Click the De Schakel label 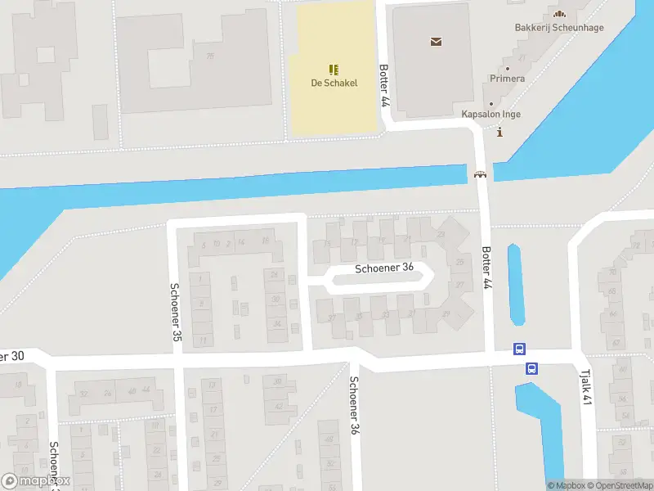click(334, 83)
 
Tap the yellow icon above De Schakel click(334, 69)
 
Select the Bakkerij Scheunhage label click(559, 27)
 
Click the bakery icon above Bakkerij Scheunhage click(559, 14)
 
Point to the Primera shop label click(507, 79)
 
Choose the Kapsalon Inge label click(490, 115)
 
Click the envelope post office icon click(436, 41)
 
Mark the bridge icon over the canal click(480, 173)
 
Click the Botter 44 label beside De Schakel click(383, 86)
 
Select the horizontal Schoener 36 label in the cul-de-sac click(384, 268)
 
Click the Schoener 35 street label click(176, 312)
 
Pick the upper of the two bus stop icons click(519, 349)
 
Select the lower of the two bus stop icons click(531, 368)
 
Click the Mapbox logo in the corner click(36, 481)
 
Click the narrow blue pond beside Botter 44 click(515, 284)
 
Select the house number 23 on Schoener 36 click(441, 235)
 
